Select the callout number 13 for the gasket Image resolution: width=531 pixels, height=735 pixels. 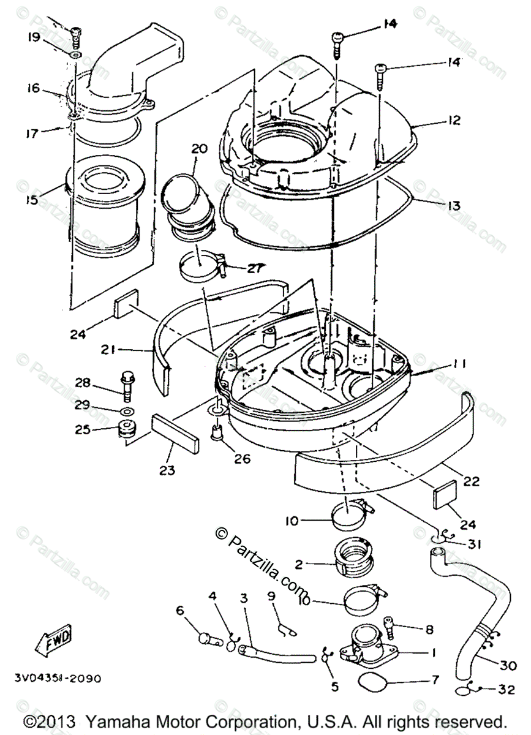[453, 206]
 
